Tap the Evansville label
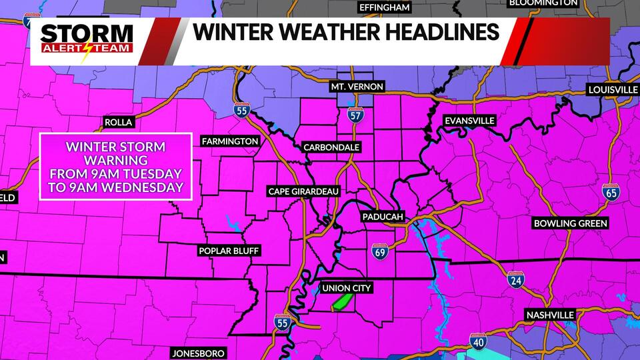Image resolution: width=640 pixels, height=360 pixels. coord(471,120)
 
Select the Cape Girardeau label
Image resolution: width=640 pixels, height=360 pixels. coord(304,191)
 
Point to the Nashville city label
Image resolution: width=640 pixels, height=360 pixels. coord(550,315)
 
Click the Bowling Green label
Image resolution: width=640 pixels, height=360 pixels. coord(571,223)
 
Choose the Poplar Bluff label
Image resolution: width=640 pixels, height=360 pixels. coord(229,251)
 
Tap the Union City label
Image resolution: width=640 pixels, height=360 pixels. coord(346,288)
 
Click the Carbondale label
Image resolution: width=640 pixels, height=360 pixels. coord(331,147)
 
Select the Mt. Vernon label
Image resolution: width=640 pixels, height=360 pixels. coord(357,87)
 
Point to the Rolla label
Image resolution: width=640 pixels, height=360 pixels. coord(119,122)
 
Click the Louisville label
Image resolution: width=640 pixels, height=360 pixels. coord(613,89)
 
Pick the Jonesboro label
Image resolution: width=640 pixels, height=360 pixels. coord(198,353)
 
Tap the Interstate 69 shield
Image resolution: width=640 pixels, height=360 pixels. coord(378,251)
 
